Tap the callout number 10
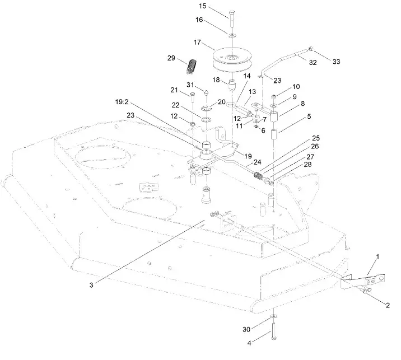tap(296, 87)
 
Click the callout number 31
tap(191, 85)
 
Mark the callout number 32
tap(313, 63)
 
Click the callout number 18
tap(216, 80)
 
